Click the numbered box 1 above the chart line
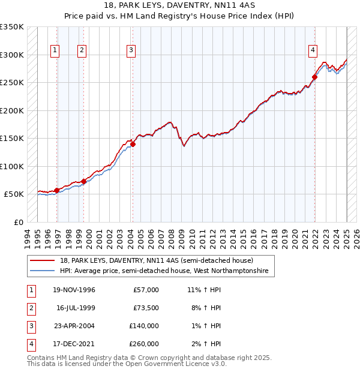[55, 51]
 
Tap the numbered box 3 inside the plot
[130, 51]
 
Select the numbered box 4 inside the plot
[313, 51]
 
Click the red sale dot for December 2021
[314, 77]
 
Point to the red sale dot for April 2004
[133, 144]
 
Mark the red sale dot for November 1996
[57, 190]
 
